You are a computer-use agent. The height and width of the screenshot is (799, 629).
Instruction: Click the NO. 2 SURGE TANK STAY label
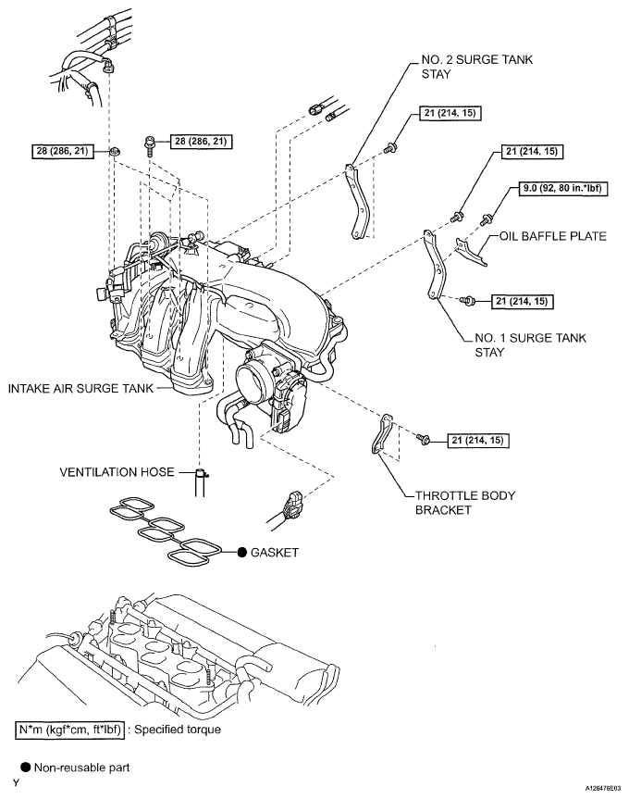point(477,67)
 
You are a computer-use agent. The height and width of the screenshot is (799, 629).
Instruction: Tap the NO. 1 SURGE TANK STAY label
point(530,345)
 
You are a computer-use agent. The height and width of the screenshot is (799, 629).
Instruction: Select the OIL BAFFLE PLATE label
point(552,236)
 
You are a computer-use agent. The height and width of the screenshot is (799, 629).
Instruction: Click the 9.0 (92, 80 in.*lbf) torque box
point(562,189)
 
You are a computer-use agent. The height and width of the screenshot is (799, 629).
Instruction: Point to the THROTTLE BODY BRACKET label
point(465,503)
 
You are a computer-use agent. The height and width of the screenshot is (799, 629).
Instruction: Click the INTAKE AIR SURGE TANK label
point(80,388)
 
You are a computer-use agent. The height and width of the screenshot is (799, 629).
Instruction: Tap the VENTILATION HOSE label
point(117,472)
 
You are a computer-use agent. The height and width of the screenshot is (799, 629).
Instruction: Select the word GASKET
point(275,553)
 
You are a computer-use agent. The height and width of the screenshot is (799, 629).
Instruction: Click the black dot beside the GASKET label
point(242,553)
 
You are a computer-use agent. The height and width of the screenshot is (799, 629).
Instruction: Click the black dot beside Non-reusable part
point(26,768)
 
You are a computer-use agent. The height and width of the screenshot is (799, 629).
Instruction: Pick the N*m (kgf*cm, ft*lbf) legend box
point(69,730)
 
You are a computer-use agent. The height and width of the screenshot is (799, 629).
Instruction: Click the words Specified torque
point(178,730)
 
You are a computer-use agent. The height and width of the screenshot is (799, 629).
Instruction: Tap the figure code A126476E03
point(603,788)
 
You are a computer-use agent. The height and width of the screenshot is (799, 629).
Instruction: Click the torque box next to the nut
point(63,151)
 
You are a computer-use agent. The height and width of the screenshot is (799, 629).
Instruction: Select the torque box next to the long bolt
point(201,141)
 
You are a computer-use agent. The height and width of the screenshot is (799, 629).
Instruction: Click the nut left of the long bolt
point(115,151)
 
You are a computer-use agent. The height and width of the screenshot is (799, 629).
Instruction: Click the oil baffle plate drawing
point(470,251)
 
